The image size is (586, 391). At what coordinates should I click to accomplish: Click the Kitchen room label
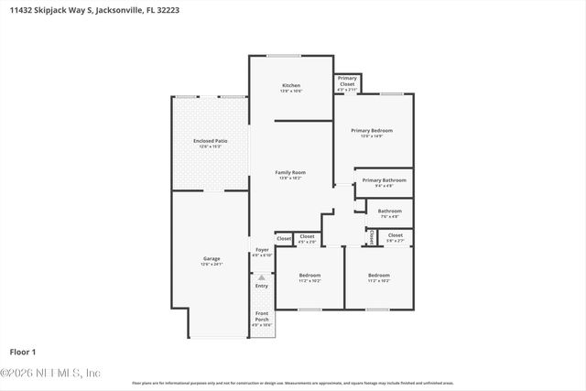[x=290, y=86]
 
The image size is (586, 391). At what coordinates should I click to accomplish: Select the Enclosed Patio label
[x=210, y=141]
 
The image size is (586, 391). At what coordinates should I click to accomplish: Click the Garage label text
[x=211, y=259]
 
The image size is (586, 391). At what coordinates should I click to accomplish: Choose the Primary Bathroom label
[x=383, y=180]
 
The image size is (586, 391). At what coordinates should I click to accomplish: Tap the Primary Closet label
[x=347, y=81]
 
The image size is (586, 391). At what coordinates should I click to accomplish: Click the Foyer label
[x=262, y=249]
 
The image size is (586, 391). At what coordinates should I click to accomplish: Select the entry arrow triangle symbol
[x=262, y=276]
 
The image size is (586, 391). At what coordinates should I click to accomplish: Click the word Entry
[x=262, y=286]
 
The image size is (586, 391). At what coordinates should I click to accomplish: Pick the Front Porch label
[x=262, y=317]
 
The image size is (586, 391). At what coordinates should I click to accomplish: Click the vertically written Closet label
[x=371, y=236]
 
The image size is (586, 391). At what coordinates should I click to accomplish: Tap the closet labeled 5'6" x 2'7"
[x=395, y=236]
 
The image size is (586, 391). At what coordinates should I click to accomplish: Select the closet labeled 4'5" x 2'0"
[x=307, y=237]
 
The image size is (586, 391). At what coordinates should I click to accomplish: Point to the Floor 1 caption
[x=22, y=352]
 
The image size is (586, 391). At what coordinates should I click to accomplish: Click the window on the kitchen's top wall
[x=281, y=56]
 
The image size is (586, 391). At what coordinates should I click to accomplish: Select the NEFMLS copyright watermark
[x=50, y=373]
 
